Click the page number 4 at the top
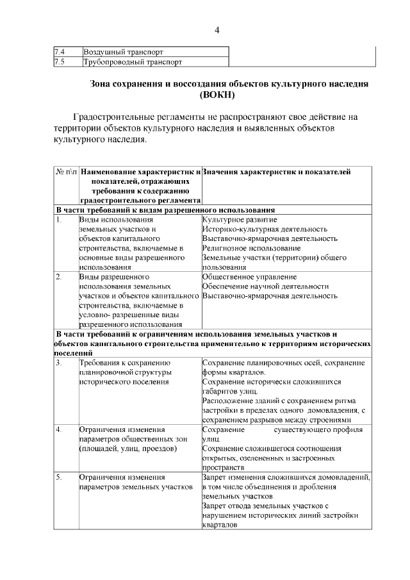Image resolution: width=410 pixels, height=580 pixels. point(217,30)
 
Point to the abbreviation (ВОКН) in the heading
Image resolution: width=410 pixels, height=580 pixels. point(217,95)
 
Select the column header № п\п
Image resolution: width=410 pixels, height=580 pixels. point(66,172)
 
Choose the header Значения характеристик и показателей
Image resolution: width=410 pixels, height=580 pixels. point(276,172)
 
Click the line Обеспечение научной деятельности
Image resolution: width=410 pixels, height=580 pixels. point(265,286)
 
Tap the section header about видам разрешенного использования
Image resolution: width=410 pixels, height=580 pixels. point(165,210)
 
